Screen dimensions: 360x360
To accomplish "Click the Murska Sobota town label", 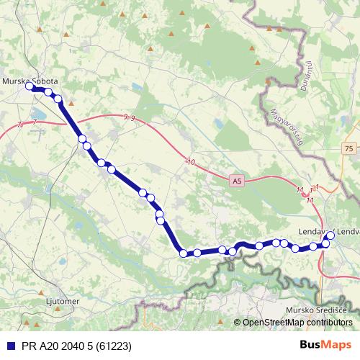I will pyautogui.click(x=31, y=81).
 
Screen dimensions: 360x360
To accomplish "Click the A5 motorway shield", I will pyautogui.click(x=237, y=182).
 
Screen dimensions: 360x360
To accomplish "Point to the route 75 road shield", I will pyautogui.click(x=349, y=148).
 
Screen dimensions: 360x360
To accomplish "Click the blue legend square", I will pyautogui.click(x=10, y=346).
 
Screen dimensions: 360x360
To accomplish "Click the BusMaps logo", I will pyautogui.click(x=325, y=346).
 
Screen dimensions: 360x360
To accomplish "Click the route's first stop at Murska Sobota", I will pyautogui.click(x=30, y=86).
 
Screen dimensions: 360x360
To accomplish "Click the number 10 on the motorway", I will pyautogui.click(x=190, y=162).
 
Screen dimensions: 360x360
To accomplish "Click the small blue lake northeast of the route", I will pyautogui.click(x=136, y=87).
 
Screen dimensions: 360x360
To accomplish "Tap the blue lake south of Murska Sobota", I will pyautogui.click(x=36, y=114).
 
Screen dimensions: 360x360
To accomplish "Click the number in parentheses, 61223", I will pyautogui.click(x=114, y=346).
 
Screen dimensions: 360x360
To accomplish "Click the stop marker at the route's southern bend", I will pyautogui.click(x=184, y=253).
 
